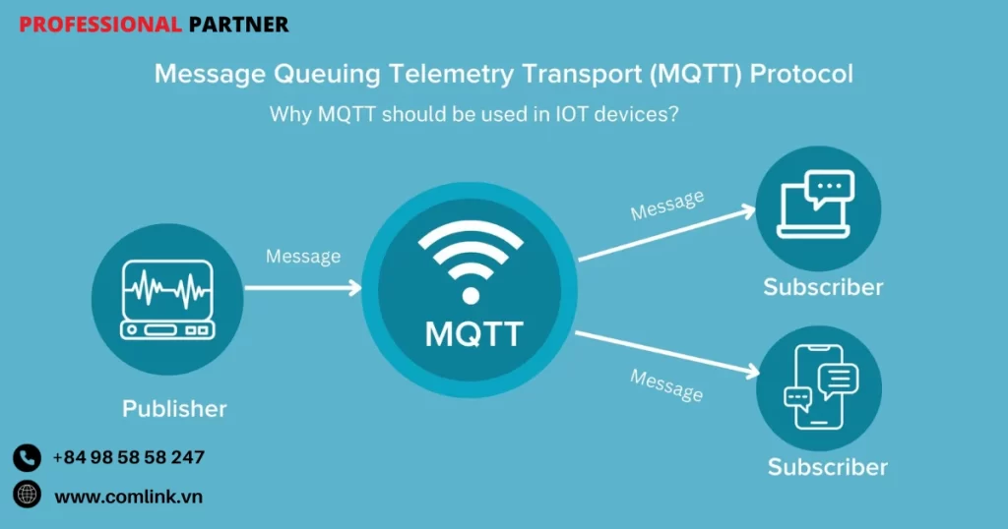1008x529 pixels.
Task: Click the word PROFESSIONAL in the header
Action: (x=99, y=25)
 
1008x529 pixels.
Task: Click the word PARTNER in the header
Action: (x=238, y=25)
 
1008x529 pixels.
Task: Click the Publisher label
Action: (x=174, y=408)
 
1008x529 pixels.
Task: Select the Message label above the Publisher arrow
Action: (x=303, y=257)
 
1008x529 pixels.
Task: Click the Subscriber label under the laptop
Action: (x=823, y=287)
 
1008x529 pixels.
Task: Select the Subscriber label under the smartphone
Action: (x=827, y=466)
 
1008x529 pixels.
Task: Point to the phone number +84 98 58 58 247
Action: (x=129, y=457)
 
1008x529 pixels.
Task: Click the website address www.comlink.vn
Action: (x=128, y=496)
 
